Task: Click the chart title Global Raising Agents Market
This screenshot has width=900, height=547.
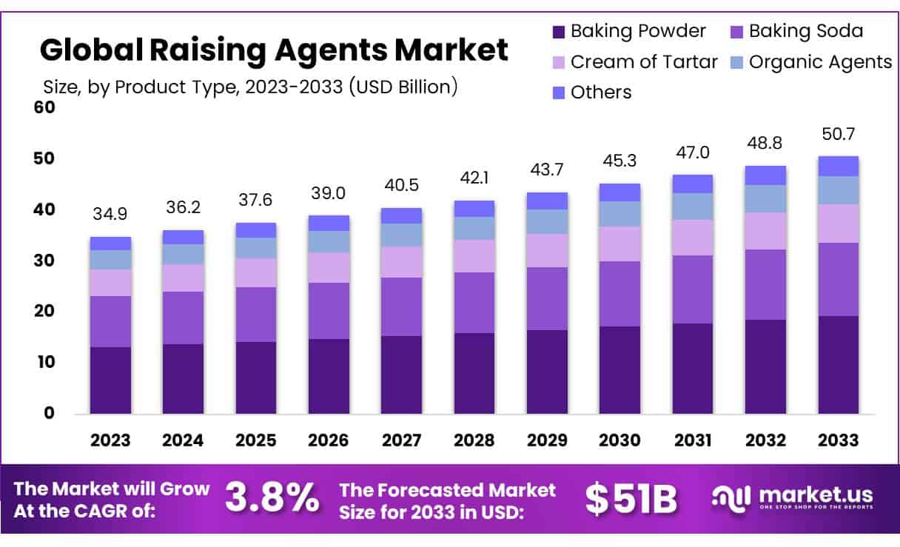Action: pos(273,50)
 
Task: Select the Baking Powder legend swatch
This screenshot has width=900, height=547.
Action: pos(559,32)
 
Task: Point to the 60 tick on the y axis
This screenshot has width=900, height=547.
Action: pos(44,108)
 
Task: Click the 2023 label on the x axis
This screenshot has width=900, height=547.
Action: pos(110,440)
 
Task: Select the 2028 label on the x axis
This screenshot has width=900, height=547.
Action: pos(474,440)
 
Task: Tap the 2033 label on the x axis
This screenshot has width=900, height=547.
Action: pos(839,440)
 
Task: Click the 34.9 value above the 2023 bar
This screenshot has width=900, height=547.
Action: pos(110,215)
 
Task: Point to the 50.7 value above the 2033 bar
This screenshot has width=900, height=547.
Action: pos(839,135)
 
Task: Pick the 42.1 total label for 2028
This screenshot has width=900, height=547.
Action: pos(474,178)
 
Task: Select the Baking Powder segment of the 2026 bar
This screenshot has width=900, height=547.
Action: pos(329,376)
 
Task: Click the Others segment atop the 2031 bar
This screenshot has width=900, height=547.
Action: pos(693,184)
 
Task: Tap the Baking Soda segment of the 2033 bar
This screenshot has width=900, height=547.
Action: pos(839,279)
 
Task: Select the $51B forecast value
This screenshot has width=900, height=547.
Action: pos(631,499)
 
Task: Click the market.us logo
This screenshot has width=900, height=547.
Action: pos(792,497)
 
